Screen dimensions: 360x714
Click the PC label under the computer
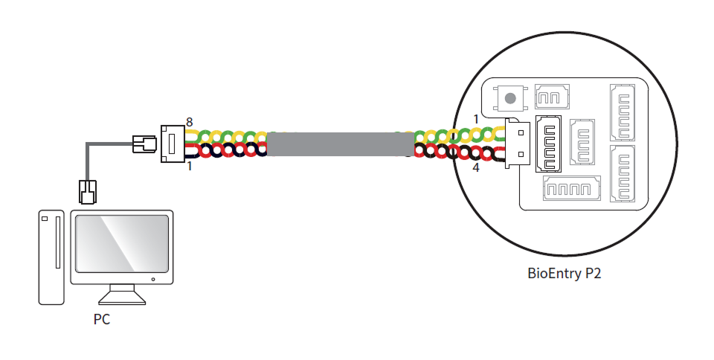coord(102,320)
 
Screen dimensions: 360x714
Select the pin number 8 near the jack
coord(190,121)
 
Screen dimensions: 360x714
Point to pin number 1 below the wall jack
coord(190,167)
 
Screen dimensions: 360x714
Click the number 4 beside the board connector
coord(476,168)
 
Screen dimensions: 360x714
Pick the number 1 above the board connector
coord(476,119)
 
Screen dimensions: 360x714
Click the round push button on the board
coord(510,97)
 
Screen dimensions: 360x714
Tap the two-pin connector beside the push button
coord(551,97)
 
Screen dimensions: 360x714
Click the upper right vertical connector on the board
coord(623,112)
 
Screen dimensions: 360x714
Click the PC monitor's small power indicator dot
coord(153,280)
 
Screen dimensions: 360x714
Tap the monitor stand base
coord(120,297)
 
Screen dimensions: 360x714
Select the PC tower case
coord(49,257)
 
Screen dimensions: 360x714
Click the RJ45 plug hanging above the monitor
coord(88,191)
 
